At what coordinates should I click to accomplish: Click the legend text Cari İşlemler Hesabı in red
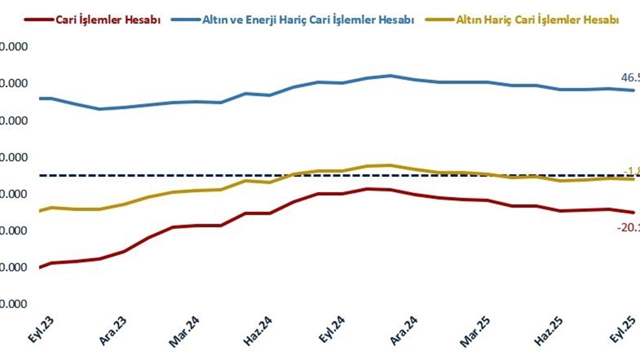pyautogui.click(x=108, y=20)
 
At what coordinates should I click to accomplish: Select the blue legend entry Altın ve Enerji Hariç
pyautogui.click(x=308, y=20)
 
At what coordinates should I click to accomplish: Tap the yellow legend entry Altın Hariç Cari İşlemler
pyautogui.click(x=537, y=20)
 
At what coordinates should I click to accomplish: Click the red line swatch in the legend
pyautogui.click(x=38, y=20)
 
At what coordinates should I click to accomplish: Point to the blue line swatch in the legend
pyautogui.click(x=185, y=20)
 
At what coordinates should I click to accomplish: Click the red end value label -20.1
pyautogui.click(x=628, y=227)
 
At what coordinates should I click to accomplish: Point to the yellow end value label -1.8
pyautogui.click(x=631, y=169)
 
